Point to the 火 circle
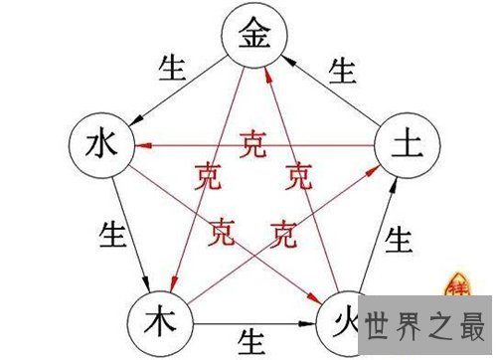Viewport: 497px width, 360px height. click(338, 321)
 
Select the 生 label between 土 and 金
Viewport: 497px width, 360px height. click(342, 70)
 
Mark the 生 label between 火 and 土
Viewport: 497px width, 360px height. click(400, 240)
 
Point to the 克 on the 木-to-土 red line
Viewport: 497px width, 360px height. click(284, 236)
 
